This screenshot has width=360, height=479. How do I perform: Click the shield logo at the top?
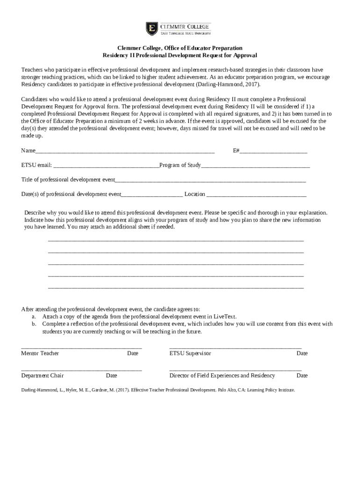151,29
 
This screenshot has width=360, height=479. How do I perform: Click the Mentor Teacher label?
40,354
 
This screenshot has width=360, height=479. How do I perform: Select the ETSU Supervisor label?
190,354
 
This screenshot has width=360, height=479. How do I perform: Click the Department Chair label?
43,376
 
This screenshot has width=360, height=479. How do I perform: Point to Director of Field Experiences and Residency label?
222,376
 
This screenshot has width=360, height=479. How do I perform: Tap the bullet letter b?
34,324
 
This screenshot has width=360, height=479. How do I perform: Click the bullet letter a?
34,317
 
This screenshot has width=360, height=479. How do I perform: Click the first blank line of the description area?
176,240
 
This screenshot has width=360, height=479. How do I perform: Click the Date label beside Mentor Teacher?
133,354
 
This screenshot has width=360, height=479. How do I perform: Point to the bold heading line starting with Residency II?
180,55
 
